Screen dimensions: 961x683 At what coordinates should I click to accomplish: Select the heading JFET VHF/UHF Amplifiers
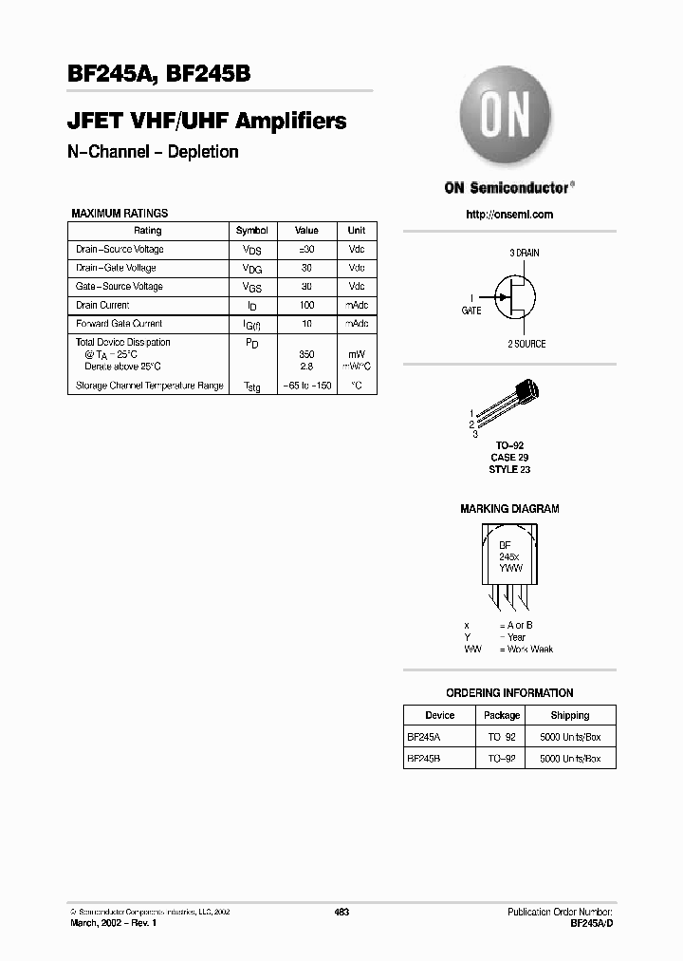pos(207,122)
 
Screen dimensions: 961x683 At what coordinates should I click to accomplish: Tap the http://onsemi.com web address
pos(509,215)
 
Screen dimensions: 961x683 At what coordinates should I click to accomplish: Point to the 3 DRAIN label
pos(524,254)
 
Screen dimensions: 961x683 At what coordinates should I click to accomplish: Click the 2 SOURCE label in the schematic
pos(526,344)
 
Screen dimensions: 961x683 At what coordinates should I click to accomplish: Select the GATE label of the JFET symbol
pos(471,311)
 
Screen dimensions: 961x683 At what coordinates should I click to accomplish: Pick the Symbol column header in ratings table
pos(251,231)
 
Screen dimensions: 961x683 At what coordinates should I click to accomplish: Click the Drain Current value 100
pos(306,306)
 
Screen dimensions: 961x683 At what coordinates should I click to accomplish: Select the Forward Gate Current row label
pos(119,324)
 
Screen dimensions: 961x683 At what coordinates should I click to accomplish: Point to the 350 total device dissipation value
pos(306,353)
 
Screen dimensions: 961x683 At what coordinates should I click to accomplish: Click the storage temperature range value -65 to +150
pos(306,386)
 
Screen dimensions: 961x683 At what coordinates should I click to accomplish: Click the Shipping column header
pos(569,715)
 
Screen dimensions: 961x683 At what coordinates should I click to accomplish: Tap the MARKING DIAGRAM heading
pos(509,509)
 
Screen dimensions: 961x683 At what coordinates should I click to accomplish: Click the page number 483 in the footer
pos(342,912)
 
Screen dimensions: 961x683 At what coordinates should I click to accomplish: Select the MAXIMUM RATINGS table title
pos(120,214)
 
